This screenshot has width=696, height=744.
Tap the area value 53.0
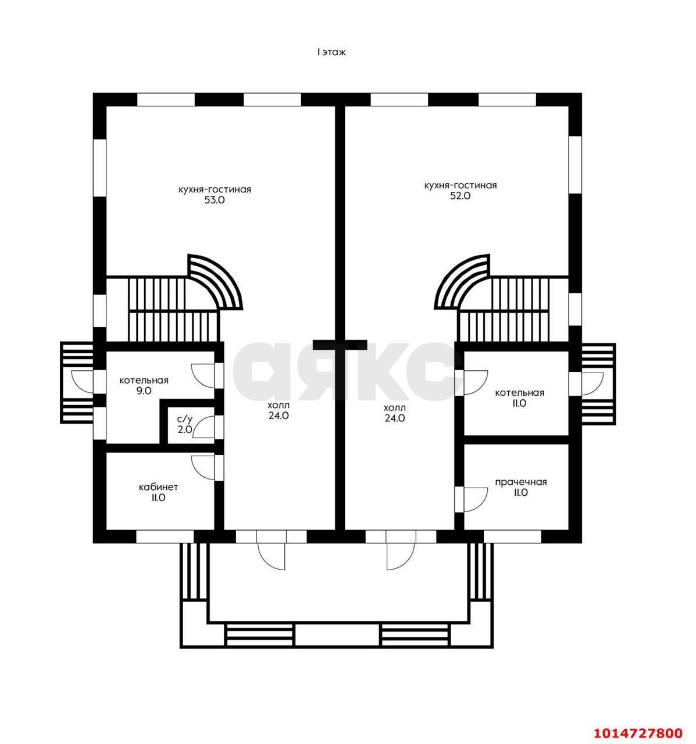click(215, 200)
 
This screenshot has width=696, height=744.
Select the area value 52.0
click(461, 195)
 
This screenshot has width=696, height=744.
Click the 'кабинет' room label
click(158, 488)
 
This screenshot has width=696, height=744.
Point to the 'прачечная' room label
click(521, 482)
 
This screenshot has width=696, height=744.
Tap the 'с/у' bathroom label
click(184, 419)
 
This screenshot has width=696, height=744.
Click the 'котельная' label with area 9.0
click(144, 381)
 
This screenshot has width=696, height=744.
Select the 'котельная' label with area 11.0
click(520, 393)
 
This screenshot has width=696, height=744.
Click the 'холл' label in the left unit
click(279, 405)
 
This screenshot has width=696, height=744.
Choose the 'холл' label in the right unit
click(395, 408)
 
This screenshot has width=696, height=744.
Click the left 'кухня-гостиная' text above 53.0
click(215, 189)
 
